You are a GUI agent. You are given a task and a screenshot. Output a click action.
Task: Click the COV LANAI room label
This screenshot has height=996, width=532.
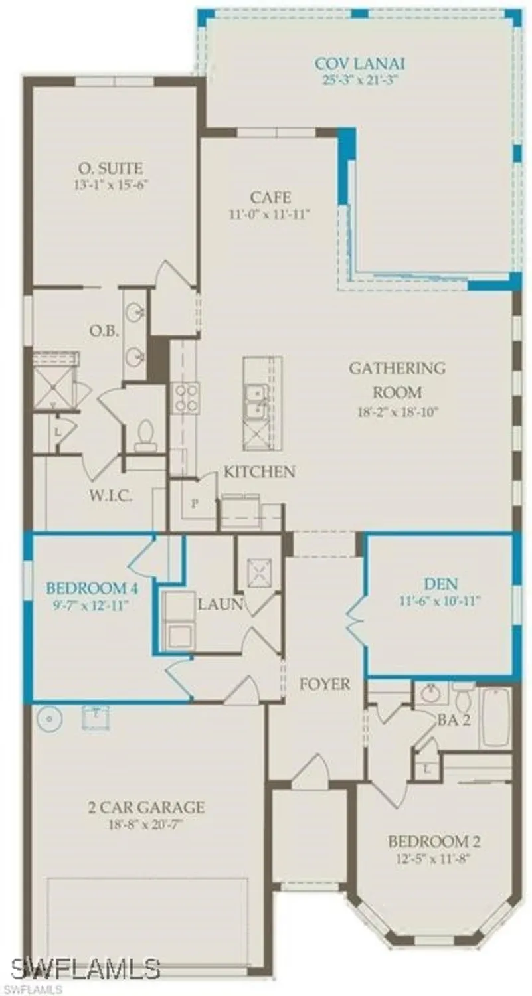pyautogui.click(x=360, y=64)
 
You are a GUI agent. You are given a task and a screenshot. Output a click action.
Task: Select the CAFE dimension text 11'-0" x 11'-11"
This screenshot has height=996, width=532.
pyautogui.click(x=270, y=214)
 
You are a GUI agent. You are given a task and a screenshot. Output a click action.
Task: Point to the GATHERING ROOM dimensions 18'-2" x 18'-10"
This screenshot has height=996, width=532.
pyautogui.click(x=397, y=411)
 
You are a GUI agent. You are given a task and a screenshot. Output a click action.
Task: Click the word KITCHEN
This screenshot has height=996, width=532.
pyautogui.click(x=259, y=472)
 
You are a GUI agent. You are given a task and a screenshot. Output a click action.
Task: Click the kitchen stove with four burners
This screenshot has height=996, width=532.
pyautogui.click(x=185, y=398)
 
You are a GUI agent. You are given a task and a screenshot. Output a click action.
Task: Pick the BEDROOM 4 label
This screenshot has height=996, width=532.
pyautogui.click(x=87, y=588)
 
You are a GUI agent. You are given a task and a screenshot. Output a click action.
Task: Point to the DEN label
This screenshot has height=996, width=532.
pyautogui.click(x=441, y=584)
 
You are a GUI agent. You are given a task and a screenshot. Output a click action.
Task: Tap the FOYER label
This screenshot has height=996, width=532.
pyautogui.click(x=325, y=685)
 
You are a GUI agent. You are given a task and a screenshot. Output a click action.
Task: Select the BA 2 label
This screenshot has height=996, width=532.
pyautogui.click(x=454, y=721)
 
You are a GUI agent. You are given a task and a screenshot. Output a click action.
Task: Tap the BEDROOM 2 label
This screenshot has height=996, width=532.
pyautogui.click(x=434, y=842)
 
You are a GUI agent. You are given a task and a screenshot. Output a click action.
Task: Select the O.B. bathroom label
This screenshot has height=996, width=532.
pyautogui.click(x=105, y=331)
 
